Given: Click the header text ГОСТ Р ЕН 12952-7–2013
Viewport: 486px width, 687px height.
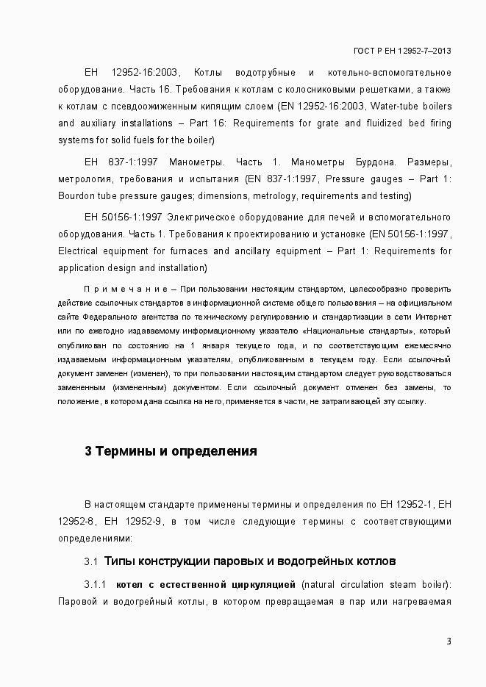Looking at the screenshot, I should point(402,51).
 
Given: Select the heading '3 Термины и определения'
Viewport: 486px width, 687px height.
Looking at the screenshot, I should point(171,451).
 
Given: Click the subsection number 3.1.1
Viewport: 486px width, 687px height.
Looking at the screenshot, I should point(96,585).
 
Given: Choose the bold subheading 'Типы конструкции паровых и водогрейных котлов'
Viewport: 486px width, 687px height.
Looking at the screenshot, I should point(250,561).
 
